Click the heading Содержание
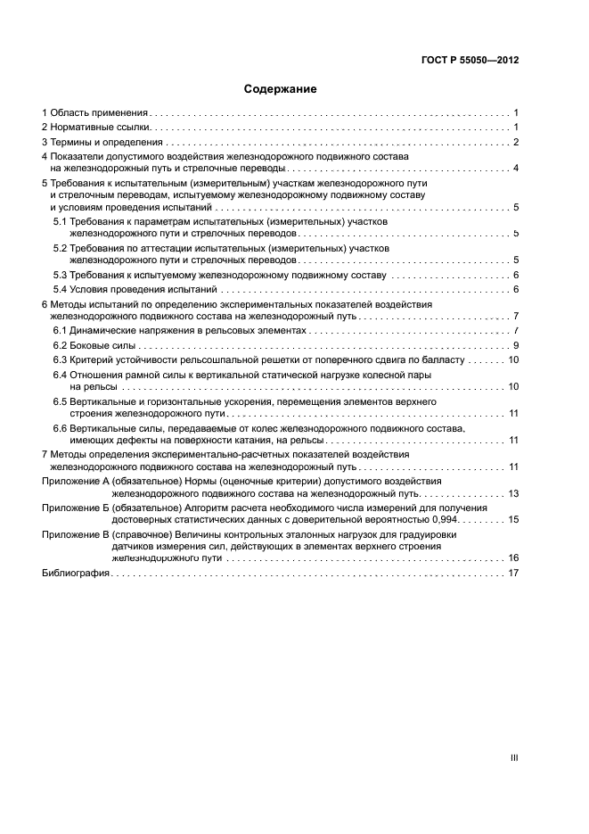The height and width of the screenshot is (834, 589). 280,89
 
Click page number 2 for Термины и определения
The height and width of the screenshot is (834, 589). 516,142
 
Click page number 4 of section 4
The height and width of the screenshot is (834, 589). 516,168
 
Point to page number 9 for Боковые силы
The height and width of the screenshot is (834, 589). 516,344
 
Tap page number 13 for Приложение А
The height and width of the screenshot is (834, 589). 513,492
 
